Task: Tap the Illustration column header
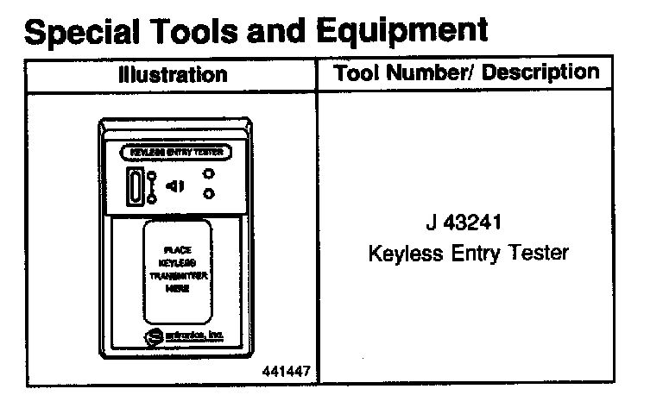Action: point(173,75)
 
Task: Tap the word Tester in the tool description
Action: point(539,254)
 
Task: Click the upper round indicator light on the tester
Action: point(208,174)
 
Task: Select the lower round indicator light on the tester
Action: point(208,194)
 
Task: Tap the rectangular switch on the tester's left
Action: point(136,186)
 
